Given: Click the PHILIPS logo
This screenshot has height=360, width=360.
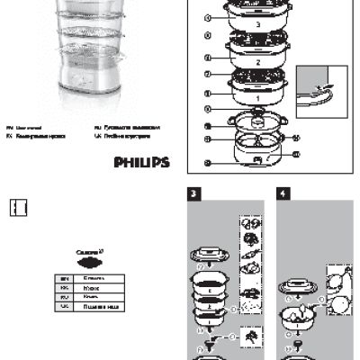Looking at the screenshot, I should tap(141, 162).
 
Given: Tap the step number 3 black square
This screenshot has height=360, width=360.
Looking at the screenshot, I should tap(193, 194).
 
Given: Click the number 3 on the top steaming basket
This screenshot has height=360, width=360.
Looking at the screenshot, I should tap(258, 23).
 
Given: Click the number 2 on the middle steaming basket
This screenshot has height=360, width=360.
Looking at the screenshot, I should tap(258, 63).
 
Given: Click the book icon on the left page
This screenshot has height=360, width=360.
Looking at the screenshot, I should tap(19, 206).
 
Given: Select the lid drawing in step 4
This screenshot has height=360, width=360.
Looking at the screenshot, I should tap(296, 286).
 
